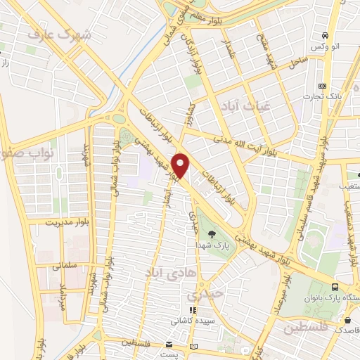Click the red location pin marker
pyautogui.click(x=181, y=165)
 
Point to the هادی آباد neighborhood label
pyautogui.click(x=166, y=270)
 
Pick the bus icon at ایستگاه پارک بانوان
pyautogui.click(x=335, y=287)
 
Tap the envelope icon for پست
pyautogui.click(x=168, y=345)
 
